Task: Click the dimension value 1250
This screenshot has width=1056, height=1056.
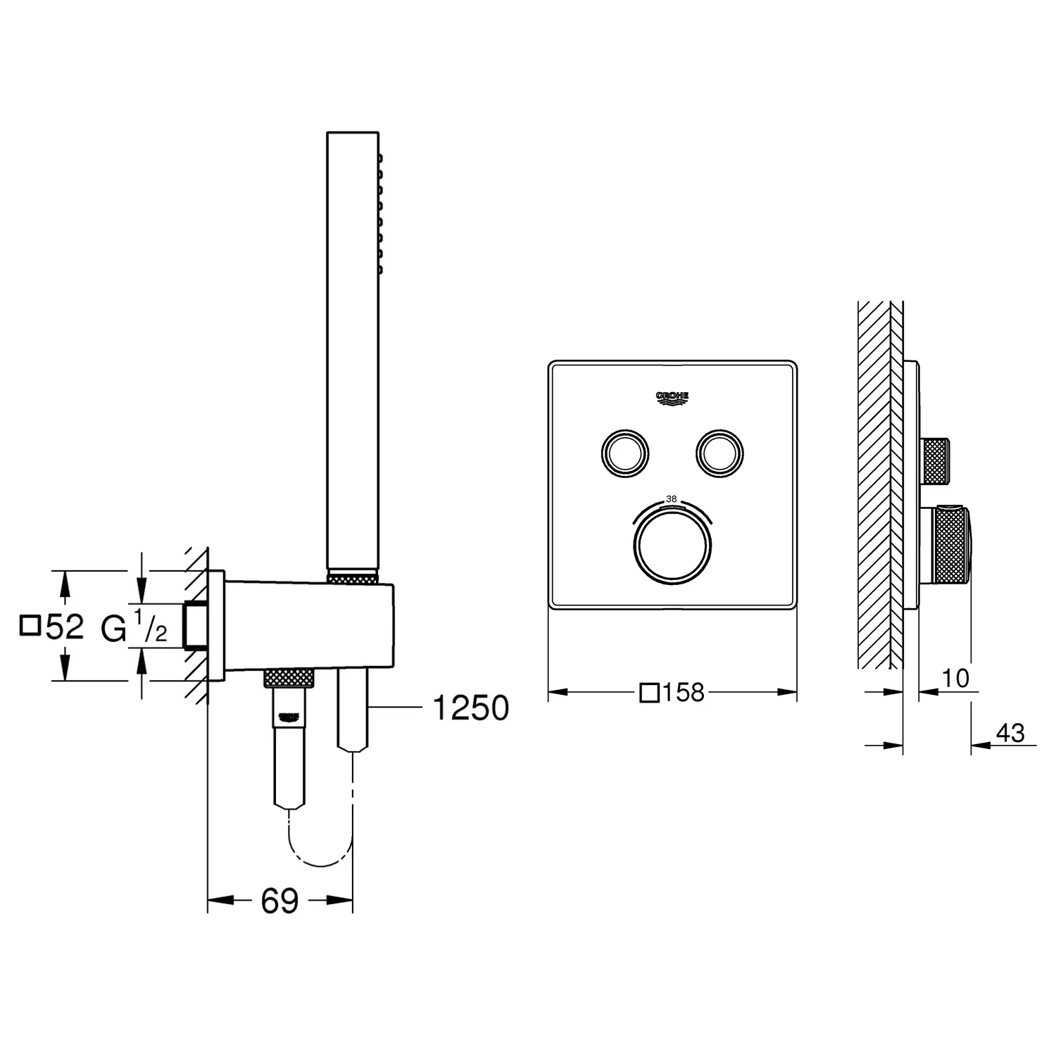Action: pos(470,708)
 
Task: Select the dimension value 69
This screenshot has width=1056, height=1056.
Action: pos(279,900)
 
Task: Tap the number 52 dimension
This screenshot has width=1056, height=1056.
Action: pos(65,627)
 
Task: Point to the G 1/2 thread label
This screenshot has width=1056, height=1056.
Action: pos(134,627)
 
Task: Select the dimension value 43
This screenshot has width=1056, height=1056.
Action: pos(1010,733)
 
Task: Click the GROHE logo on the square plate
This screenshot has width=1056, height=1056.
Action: pos(672,398)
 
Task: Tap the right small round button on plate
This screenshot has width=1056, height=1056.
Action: pos(719,452)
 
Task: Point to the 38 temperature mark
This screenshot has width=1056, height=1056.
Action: pos(672,498)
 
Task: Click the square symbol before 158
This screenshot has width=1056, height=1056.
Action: pos(649,693)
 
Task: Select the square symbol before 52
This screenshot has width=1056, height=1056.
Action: pos(30,625)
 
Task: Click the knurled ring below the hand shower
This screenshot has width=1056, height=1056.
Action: pos(352,578)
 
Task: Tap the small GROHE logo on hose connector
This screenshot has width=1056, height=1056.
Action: pos(289,717)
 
